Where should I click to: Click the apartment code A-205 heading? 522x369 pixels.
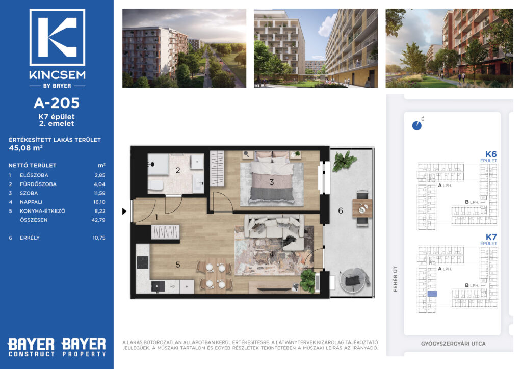tap(57, 103)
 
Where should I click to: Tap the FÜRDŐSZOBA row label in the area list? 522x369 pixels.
tap(38, 184)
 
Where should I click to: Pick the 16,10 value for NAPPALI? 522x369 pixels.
tap(99, 202)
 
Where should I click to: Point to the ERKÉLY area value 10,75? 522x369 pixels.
tap(99, 238)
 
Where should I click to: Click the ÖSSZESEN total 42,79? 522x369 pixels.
tap(98, 220)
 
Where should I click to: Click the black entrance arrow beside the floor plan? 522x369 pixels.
tap(124, 211)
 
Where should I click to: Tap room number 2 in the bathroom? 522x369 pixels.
tap(178, 170)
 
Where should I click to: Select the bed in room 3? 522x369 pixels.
tap(272, 178)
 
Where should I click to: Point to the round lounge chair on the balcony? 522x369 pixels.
tap(354, 280)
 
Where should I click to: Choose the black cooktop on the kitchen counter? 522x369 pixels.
tap(143, 262)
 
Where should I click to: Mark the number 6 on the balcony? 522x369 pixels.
tap(340, 210)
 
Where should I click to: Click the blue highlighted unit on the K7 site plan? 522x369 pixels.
tap(432, 294)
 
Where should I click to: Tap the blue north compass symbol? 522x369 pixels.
tap(417, 125)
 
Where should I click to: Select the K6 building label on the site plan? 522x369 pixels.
tap(491, 154)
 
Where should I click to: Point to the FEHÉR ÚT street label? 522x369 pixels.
tap(395, 279)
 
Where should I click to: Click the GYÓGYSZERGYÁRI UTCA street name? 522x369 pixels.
tap(453, 344)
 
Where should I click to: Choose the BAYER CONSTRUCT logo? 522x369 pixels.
tap(31, 348)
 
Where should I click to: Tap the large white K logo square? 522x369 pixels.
tap(57, 37)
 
